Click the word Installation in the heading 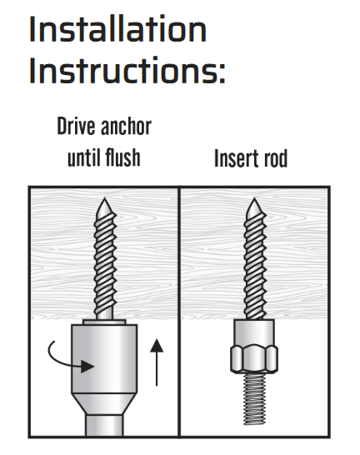pyautogui.click(x=117, y=29)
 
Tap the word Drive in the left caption pyautogui.click(x=76, y=126)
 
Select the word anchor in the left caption pyautogui.click(x=126, y=126)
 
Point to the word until pyautogui.click(x=83, y=157)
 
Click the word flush pyautogui.click(x=122, y=157)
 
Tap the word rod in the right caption pyautogui.click(x=275, y=158)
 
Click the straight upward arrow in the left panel pyautogui.click(x=157, y=362)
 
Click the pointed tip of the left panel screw pyautogui.click(x=104, y=199)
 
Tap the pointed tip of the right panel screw pyautogui.click(x=254, y=199)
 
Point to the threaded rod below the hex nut pyautogui.click(x=254, y=398)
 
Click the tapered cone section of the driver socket pyautogui.click(x=104, y=404)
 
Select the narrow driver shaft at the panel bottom pyautogui.click(x=104, y=425)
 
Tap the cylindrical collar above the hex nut pyautogui.click(x=254, y=332)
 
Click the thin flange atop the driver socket pyautogui.click(x=104, y=322)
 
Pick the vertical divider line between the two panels pyautogui.click(x=179, y=312)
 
